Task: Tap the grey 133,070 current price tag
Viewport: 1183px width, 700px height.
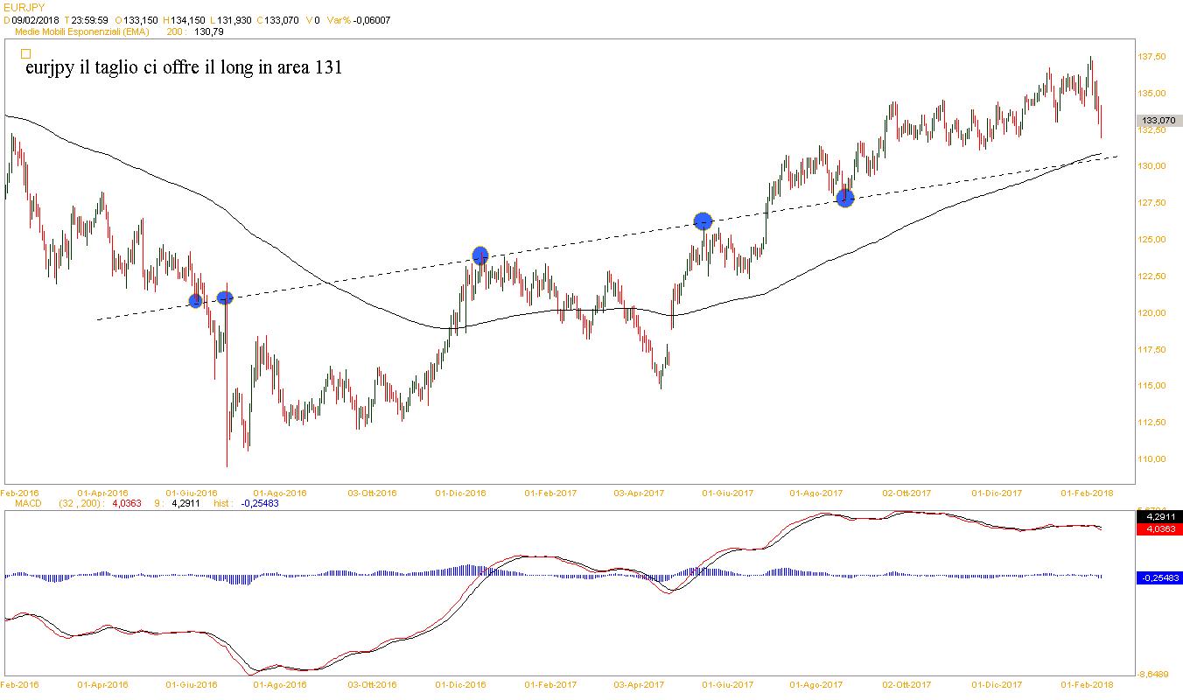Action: [1158, 120]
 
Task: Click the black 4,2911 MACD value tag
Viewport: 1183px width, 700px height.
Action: [1158, 516]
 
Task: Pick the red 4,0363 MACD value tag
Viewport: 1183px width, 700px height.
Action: [1158, 529]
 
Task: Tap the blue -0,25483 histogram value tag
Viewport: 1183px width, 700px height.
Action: [1159, 577]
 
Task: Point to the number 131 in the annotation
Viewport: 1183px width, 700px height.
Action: [329, 67]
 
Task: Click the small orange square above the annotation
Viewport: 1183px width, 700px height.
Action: [25, 53]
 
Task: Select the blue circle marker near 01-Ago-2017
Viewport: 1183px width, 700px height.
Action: [844, 198]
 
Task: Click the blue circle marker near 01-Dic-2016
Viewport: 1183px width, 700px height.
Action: [479, 255]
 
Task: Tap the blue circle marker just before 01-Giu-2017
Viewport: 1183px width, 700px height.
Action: [703, 221]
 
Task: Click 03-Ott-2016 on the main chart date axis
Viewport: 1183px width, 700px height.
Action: [374, 493]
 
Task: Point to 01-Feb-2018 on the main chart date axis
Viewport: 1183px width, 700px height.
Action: [1087, 493]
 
